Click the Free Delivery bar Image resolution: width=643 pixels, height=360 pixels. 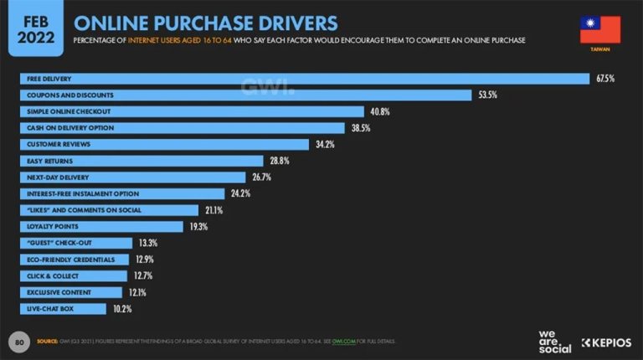tap(305, 79)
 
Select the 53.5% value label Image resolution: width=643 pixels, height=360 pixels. tap(488, 95)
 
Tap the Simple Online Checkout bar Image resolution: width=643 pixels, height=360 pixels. tap(192, 111)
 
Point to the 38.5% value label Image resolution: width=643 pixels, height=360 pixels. tap(360, 128)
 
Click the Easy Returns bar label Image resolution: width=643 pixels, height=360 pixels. tap(50, 161)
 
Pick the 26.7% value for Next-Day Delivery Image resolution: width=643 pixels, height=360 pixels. tap(260, 177)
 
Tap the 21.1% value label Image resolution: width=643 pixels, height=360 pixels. tap(213, 210)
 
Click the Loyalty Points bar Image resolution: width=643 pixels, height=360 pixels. tap(101, 226)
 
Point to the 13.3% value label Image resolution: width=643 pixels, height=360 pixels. tap(147, 243)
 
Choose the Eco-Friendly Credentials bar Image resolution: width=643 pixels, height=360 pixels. tap(75, 260)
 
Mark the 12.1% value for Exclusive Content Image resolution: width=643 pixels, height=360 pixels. tap(138, 292)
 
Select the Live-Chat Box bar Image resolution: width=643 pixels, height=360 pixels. tap(64, 309)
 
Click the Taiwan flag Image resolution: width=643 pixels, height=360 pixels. tap(600, 30)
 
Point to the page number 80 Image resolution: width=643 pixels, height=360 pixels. tap(18, 342)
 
